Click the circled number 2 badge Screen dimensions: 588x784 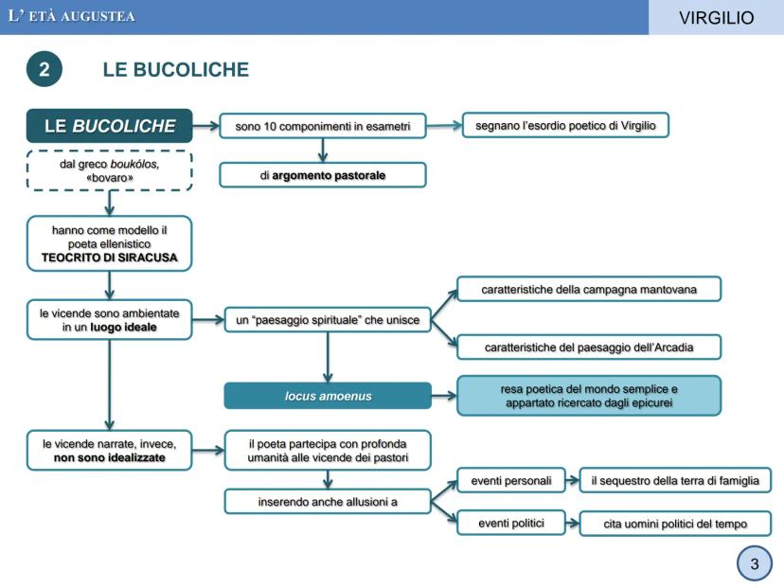tap(44, 70)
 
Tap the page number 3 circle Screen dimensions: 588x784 tap(754, 565)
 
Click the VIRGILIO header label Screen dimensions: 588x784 tap(716, 17)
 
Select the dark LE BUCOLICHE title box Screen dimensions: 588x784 tap(110, 126)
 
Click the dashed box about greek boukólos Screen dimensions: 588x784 tap(110, 169)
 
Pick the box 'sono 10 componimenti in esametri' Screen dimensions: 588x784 tap(323, 126)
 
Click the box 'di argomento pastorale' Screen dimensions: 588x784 tap(323, 175)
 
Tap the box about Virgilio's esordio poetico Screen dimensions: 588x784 tap(566, 125)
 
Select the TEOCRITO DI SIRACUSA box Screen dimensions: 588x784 tap(110, 243)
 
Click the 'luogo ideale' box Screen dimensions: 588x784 tap(110, 319)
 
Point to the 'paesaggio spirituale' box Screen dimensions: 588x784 tap(328, 320)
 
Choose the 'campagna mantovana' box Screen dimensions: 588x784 tap(588, 289)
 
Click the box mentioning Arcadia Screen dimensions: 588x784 tap(588, 347)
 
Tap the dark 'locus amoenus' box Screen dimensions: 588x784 tap(328, 395)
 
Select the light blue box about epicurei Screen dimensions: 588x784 tap(588, 395)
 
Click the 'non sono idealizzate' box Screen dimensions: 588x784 tap(110, 450)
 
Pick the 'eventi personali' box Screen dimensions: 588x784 tap(511, 480)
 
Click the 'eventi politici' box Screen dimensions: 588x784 tap(511, 523)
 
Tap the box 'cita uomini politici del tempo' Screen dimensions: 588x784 tap(675, 524)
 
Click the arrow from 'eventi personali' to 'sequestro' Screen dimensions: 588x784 tap(573, 480)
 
